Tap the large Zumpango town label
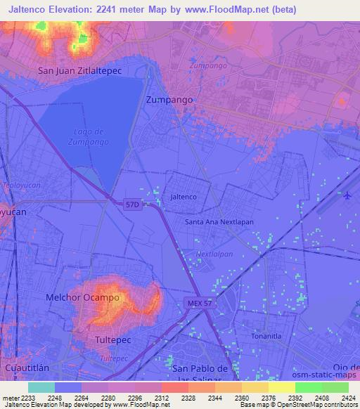coord(169,100)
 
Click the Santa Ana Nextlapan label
coord(219,221)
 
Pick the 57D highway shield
coord(134,205)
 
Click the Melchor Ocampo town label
coord(82,297)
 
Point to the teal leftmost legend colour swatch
coord(41,387)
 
